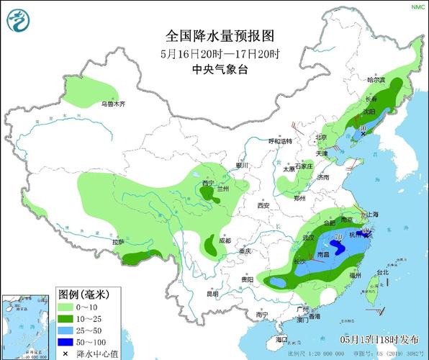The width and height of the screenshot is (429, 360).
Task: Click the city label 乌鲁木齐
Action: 113,104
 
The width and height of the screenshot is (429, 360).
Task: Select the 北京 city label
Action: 321,137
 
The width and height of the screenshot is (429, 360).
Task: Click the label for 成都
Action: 225,240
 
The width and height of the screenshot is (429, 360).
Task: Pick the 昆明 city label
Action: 212,293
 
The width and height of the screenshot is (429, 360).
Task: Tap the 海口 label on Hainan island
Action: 281,338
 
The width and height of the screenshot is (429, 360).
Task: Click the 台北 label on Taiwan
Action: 382,272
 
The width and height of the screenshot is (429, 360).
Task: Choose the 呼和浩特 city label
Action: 281,141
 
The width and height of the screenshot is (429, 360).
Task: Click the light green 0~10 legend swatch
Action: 67,306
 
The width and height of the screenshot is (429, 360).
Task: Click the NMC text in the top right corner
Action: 417,6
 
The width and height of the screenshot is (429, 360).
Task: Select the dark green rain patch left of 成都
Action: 209,246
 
